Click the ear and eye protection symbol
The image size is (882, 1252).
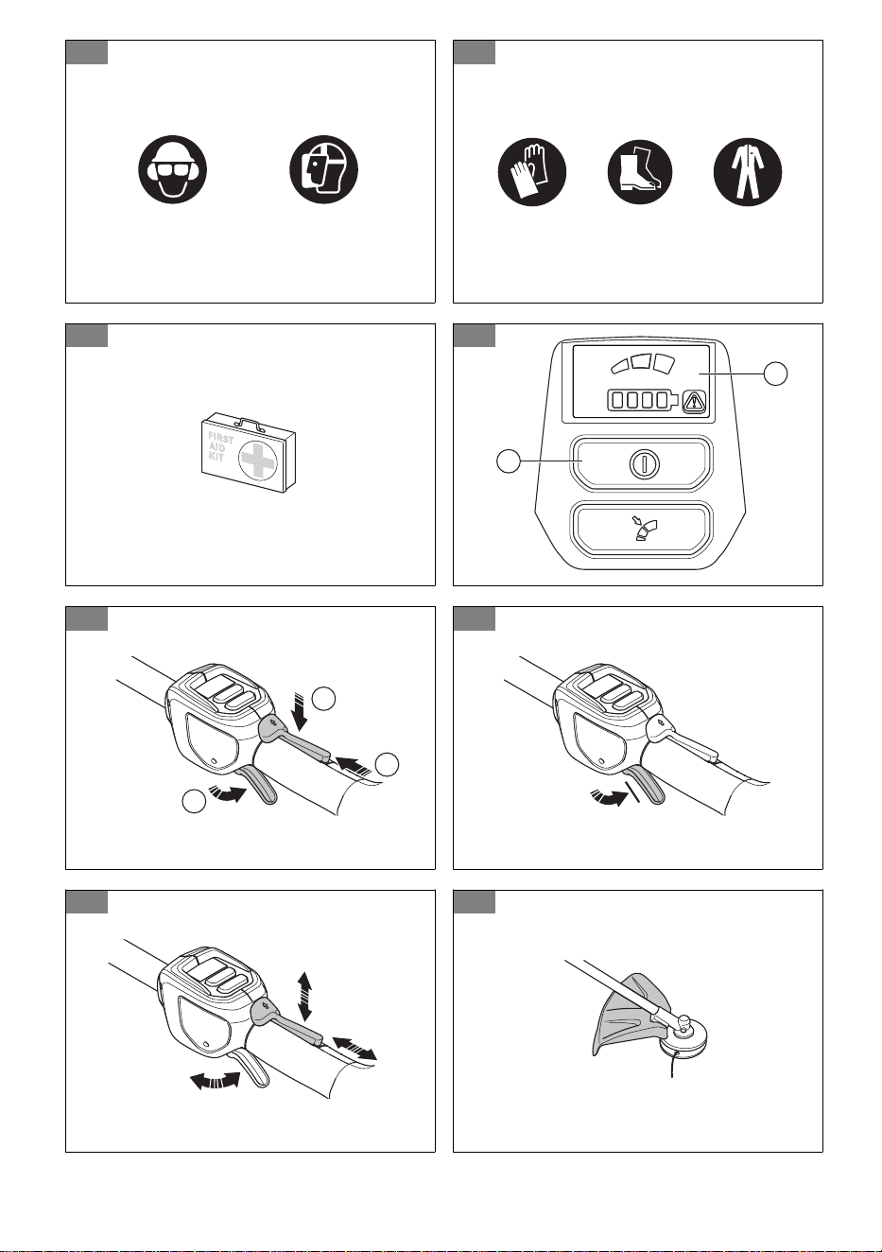tap(173, 169)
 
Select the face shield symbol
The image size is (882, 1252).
tap(323, 169)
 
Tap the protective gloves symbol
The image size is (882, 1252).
tap(532, 172)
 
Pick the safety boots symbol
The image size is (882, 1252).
tap(640, 172)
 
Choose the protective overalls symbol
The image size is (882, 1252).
tap(748, 172)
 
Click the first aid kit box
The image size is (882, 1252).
tap(249, 453)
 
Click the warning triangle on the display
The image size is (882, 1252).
tap(695, 401)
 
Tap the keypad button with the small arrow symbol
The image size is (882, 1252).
tap(642, 529)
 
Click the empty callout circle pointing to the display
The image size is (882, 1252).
tap(776, 374)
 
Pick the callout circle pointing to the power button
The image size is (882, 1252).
tap(509, 461)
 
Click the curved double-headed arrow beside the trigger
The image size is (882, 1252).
tap(216, 1081)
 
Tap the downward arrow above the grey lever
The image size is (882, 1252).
tap(300, 711)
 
